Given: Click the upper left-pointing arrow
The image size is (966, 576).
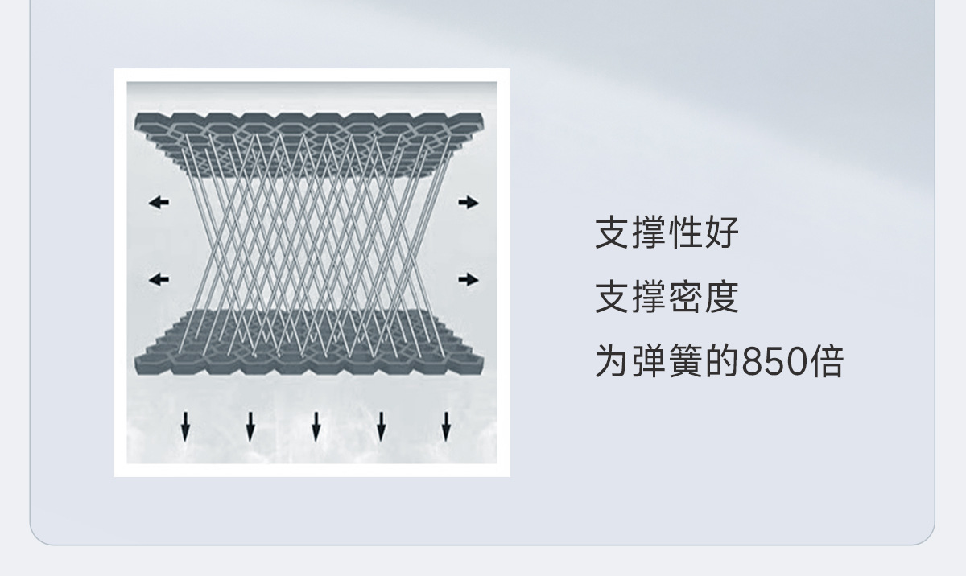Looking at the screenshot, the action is coord(159,203).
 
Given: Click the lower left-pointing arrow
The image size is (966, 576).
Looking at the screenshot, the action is coord(159,280).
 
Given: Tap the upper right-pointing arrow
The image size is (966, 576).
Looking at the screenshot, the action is coord(469,203).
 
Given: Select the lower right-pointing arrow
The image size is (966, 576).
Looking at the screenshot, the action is coord(469,280).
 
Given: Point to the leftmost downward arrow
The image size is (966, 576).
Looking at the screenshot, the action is coord(185,426).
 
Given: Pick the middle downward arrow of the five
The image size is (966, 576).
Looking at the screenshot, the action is coord(316,426).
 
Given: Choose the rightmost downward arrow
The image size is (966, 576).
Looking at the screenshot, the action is coord(446,426).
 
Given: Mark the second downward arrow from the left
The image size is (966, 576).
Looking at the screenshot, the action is coord(250,426).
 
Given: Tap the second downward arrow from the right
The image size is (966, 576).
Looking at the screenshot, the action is coord(381,426).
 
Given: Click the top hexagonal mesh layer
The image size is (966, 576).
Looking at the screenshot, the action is coord(309,129).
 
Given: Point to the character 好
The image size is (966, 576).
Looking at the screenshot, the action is coord(721,233).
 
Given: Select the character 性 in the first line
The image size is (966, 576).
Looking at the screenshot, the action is coord(685,233).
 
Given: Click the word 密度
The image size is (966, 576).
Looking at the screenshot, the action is coord(703,298).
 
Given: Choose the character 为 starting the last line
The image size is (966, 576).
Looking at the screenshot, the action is coord(613,362).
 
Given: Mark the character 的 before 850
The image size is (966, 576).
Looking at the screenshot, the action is coord(721,362).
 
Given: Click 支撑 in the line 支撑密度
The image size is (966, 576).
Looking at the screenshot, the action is coord(630,298).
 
